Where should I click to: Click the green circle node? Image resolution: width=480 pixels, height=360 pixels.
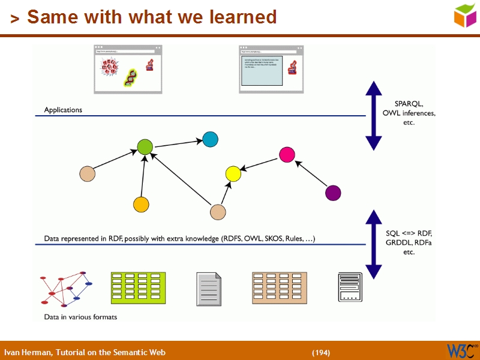(x=145, y=146)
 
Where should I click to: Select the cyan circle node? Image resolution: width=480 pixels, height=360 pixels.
(x=210, y=139)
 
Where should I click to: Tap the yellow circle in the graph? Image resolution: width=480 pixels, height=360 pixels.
(x=233, y=174)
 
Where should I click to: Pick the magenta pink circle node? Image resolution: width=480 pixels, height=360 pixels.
(x=287, y=155)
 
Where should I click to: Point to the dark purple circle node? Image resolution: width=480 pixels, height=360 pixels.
(x=332, y=193)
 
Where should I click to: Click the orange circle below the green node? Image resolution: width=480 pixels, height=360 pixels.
(x=141, y=205)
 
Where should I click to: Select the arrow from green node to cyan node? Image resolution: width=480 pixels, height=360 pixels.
(x=178, y=143)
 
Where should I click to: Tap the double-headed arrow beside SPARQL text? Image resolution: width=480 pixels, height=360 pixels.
(x=374, y=115)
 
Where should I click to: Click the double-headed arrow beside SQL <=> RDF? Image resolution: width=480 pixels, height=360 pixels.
(x=374, y=244)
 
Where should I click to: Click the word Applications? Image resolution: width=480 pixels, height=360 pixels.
(x=63, y=110)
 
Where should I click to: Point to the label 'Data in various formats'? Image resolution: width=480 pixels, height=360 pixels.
(x=80, y=317)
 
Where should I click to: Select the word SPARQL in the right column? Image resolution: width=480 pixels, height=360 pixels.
(x=408, y=103)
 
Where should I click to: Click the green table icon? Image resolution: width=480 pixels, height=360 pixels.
(x=138, y=288)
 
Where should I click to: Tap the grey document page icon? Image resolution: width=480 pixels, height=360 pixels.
(x=209, y=288)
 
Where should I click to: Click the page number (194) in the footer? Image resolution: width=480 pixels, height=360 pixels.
(x=321, y=352)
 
